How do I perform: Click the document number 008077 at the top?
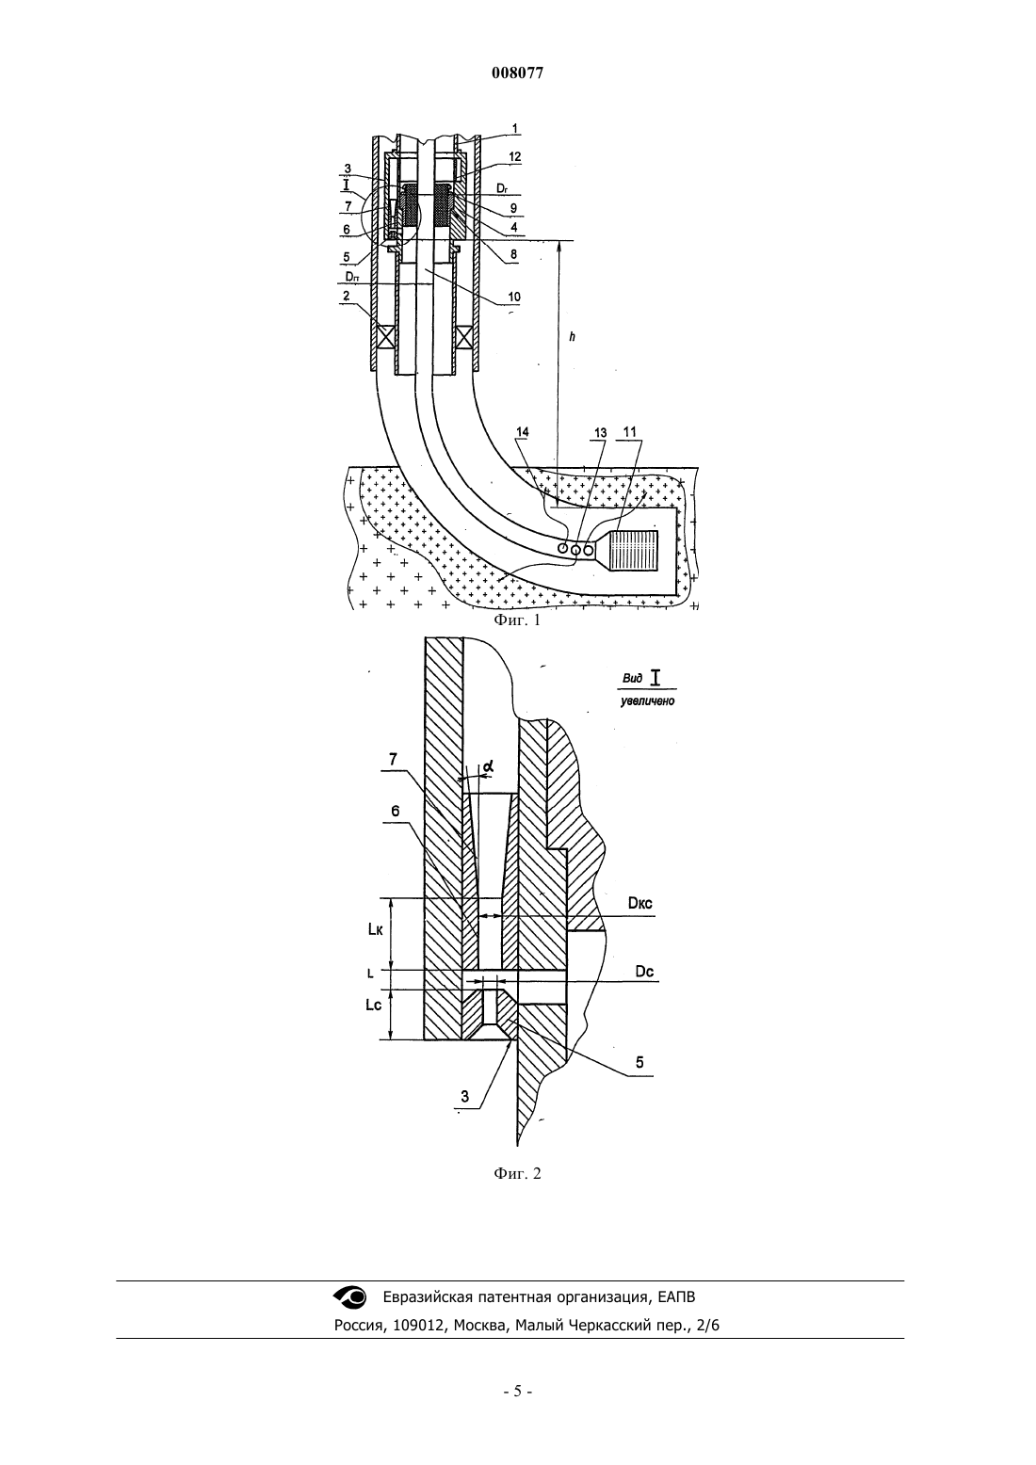(517, 73)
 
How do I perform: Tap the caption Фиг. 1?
(517, 620)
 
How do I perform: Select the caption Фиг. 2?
(517, 1173)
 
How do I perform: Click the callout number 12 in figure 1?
(514, 156)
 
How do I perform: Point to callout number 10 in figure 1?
(514, 297)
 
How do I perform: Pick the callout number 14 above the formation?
(522, 432)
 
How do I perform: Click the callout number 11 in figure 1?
(630, 432)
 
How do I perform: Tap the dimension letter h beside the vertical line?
(572, 337)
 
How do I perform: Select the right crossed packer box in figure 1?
(466, 337)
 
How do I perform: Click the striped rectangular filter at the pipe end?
(634, 550)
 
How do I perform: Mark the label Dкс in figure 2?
(639, 904)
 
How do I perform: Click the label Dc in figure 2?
(645, 972)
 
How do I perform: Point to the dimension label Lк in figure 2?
(375, 930)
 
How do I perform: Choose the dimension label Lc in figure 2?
(374, 1006)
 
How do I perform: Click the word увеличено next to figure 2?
(648, 701)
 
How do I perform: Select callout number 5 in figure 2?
(639, 1062)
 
